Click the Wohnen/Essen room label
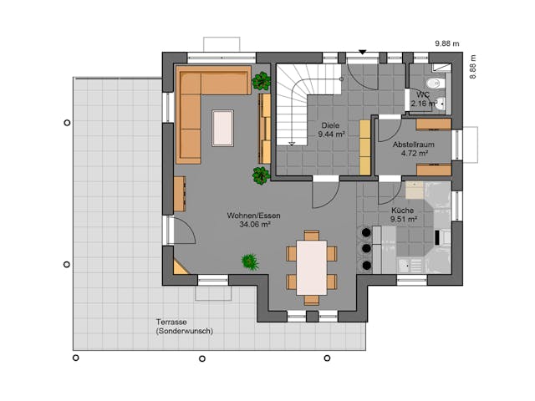coord(253,220)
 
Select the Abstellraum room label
coord(410,149)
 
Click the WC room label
coord(423,99)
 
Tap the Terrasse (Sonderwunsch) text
coord(184,327)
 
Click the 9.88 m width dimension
coord(447,43)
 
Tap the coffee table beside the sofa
coord(223,128)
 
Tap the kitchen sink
coord(407,266)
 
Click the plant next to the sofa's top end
coord(262,81)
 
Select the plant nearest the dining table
coord(250,261)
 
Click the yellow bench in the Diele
coord(364,147)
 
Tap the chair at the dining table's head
coord(312,236)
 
